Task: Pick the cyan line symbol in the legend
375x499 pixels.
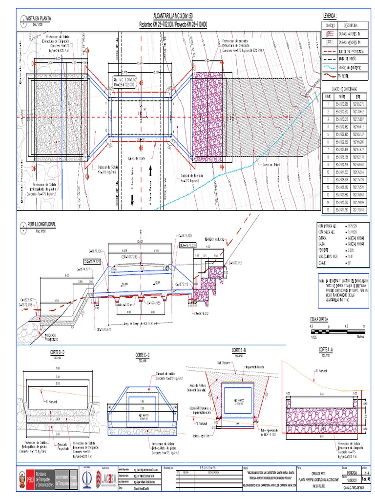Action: point(331,67)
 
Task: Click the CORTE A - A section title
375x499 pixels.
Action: point(327,349)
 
